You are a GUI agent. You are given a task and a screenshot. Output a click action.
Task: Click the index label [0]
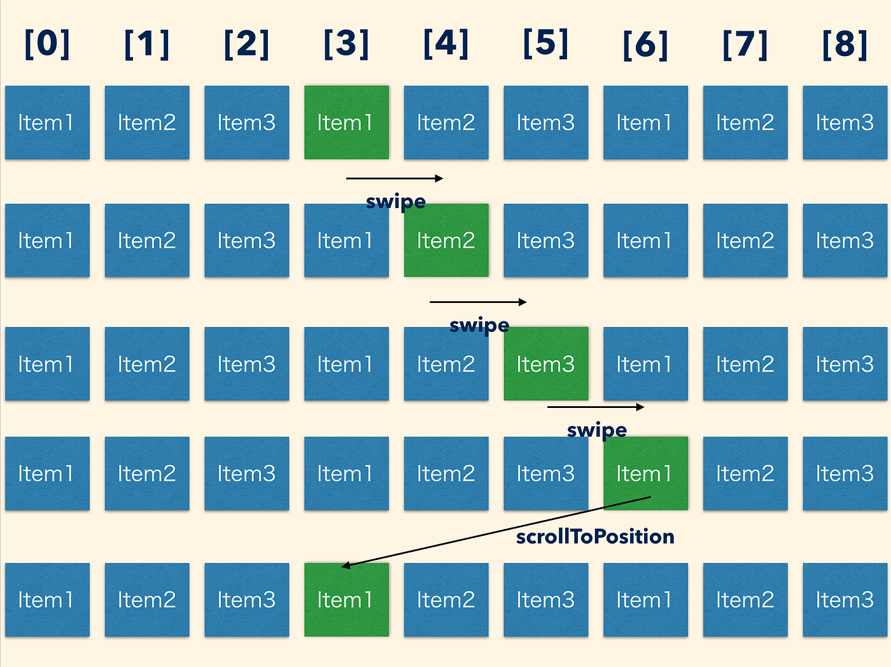coord(47,44)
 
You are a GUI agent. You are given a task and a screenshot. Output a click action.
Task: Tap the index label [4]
coord(446,44)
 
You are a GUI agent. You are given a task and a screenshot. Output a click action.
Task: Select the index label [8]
coord(845,44)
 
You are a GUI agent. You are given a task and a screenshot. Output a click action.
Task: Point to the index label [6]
coord(645,44)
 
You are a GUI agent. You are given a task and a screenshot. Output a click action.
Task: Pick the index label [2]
coord(246,44)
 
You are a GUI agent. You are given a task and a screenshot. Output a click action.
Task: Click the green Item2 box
coord(446,241)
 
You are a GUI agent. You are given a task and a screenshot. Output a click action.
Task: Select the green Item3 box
coord(546,364)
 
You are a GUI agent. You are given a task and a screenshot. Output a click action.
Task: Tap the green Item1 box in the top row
coord(346,122)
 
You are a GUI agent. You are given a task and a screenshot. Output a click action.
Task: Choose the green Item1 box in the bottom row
coord(346,600)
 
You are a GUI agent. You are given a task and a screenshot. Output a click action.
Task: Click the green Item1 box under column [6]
coord(645,474)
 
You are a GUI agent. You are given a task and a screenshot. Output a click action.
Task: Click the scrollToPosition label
coord(595,537)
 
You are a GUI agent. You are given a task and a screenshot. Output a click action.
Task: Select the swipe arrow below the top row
coord(395,178)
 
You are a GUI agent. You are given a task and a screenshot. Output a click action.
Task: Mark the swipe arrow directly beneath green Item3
coord(596,407)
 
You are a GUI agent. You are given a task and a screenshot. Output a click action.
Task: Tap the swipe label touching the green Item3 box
coord(479,325)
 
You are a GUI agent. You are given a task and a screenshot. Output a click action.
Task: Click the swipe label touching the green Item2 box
coord(396,202)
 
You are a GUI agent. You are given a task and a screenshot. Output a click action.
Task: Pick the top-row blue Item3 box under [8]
coord(845,122)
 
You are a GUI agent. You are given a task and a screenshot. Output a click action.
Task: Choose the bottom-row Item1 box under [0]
coord(47,600)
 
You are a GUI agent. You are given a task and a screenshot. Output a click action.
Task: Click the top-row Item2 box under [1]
coord(147,122)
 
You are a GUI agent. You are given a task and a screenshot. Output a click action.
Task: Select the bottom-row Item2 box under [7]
coord(745,600)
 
